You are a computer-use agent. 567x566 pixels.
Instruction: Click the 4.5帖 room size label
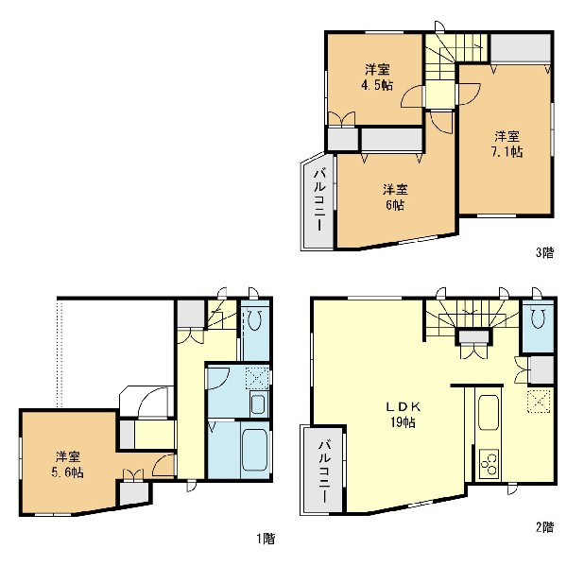coord(378,85)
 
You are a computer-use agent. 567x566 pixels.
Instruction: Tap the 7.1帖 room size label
coord(507,152)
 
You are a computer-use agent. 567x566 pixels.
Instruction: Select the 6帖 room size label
coord(395,205)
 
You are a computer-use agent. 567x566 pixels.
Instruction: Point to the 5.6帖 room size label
coord(68,472)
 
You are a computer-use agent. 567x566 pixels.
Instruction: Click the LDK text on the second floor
coord(403,407)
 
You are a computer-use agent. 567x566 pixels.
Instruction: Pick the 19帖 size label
coord(403,422)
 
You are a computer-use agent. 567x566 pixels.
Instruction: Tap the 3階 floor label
coord(544,252)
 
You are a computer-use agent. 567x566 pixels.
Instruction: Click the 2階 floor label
coord(544,527)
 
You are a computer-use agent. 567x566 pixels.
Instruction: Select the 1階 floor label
coord(266,539)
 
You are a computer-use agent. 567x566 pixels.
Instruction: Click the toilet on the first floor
coord(255,320)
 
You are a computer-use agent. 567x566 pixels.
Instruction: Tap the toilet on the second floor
coord(537,317)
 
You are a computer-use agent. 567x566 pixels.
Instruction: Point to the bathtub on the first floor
coord(254,450)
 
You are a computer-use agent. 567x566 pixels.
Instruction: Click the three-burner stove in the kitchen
coord(489,464)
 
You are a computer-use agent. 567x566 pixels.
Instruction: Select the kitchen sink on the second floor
coord(489,412)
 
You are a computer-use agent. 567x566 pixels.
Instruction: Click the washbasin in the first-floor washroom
coord(258,404)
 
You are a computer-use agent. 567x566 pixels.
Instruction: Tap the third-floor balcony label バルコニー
coord(319,200)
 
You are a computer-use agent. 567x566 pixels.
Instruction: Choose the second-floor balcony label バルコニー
coord(324,471)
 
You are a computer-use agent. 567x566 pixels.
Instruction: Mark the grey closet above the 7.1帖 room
coord(521,49)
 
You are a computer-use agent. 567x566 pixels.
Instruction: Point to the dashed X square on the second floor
coord(539,401)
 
